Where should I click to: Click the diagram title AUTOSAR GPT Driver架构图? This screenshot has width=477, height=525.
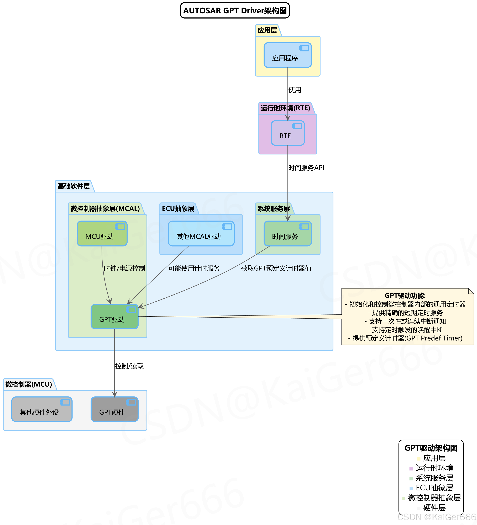point(235,11)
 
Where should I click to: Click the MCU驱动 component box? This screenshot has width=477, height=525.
point(102,234)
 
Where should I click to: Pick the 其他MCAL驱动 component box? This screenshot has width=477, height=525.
point(201,234)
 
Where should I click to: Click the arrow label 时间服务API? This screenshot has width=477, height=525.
point(306,168)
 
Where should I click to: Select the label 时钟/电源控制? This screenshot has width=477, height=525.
point(124,268)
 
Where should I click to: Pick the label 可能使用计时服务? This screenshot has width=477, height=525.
point(194,268)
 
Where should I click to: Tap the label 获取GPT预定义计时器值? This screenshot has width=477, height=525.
point(276,268)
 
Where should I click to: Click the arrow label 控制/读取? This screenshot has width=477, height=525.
point(129,366)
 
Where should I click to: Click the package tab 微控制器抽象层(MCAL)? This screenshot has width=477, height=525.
point(105,209)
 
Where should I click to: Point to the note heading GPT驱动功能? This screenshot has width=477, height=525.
point(405,296)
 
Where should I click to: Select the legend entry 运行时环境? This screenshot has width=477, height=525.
point(434,468)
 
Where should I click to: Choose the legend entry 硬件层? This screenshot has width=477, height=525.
point(434,508)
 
